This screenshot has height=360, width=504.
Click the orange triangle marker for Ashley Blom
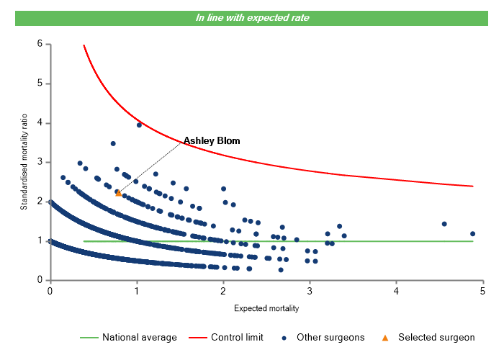pos(119,193)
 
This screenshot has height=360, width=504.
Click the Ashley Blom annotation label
pos(211,140)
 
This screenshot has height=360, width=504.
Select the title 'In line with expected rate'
pos(253,17)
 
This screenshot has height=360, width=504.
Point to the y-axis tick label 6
pos(40,44)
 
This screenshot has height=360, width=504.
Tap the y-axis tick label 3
pos(40,162)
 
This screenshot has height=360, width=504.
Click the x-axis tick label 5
pos(483,291)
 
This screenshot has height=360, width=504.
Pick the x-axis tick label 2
pos(223,291)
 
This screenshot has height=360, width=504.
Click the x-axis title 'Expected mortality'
pos(266,308)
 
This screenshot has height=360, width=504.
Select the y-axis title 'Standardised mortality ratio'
pos(24,163)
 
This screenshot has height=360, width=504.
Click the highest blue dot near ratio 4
pos(139,125)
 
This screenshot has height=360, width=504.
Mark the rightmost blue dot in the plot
pos(473,233)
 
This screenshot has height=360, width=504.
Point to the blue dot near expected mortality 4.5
pos(444,224)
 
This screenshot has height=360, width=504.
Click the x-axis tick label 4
pos(397,291)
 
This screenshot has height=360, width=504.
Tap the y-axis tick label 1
pos(40,241)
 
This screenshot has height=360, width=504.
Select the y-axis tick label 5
pos(40,84)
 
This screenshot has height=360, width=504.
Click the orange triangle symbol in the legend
pos(385,337)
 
